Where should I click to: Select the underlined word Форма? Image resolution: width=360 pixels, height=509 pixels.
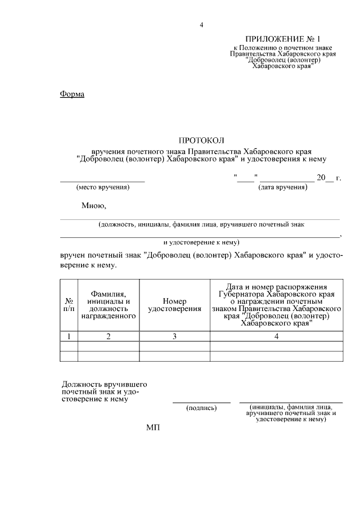click(72, 94)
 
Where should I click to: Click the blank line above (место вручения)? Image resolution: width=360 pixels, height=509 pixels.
click(102, 181)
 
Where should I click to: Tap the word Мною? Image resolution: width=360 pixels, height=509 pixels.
click(94, 205)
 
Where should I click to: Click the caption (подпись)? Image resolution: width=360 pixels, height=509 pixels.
click(201, 408)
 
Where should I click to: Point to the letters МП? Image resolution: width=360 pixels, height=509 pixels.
click(153, 428)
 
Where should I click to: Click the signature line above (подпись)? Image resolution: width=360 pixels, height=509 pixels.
click(201, 402)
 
